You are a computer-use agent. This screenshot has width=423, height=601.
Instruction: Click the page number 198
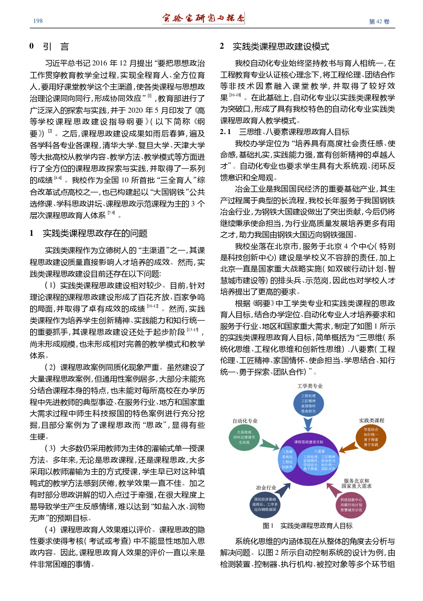[38, 21]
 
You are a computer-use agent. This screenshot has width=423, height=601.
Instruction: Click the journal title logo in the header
[203, 18]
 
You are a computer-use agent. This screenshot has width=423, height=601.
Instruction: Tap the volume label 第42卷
[379, 21]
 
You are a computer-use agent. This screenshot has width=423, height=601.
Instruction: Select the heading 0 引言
[49, 46]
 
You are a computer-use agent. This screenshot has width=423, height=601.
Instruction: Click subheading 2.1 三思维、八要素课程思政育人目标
[285, 132]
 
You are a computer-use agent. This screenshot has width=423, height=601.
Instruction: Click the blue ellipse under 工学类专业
[308, 403]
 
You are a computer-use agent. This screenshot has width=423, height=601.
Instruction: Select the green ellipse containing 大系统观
[244, 437]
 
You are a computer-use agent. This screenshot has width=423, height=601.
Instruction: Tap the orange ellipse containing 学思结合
[371, 437]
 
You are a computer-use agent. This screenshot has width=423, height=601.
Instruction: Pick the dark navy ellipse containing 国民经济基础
[265, 504]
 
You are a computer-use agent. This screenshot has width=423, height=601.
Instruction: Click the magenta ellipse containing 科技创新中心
[351, 505]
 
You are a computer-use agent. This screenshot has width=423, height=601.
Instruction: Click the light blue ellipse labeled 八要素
[319, 460]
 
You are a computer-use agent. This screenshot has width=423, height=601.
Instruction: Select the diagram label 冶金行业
[266, 488]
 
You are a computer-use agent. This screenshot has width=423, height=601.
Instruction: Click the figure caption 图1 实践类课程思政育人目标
[307, 526]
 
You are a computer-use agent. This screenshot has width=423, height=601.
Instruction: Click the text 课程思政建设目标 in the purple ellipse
[309, 442]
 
